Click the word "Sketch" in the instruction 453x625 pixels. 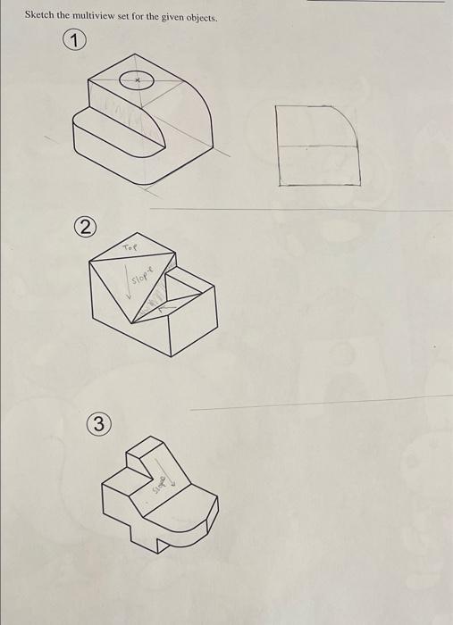[39, 15]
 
